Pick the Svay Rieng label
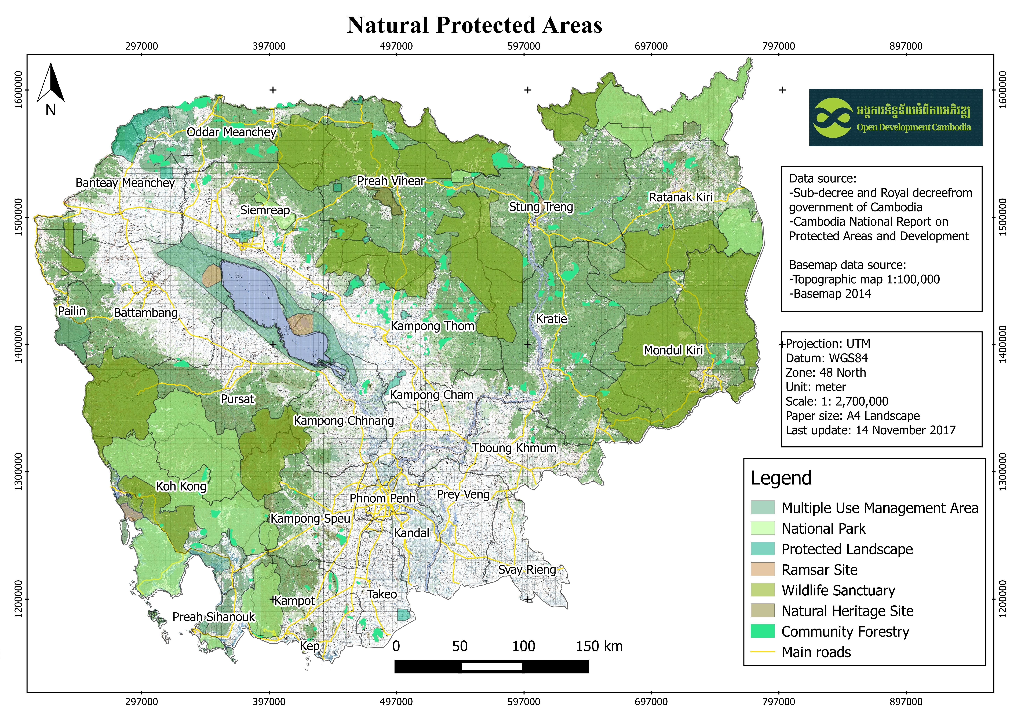pyautogui.click(x=527, y=570)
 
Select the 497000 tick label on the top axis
pyautogui.click(x=396, y=46)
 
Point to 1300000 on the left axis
pyautogui.click(x=19, y=472)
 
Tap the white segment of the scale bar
pyautogui.click(x=491, y=666)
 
